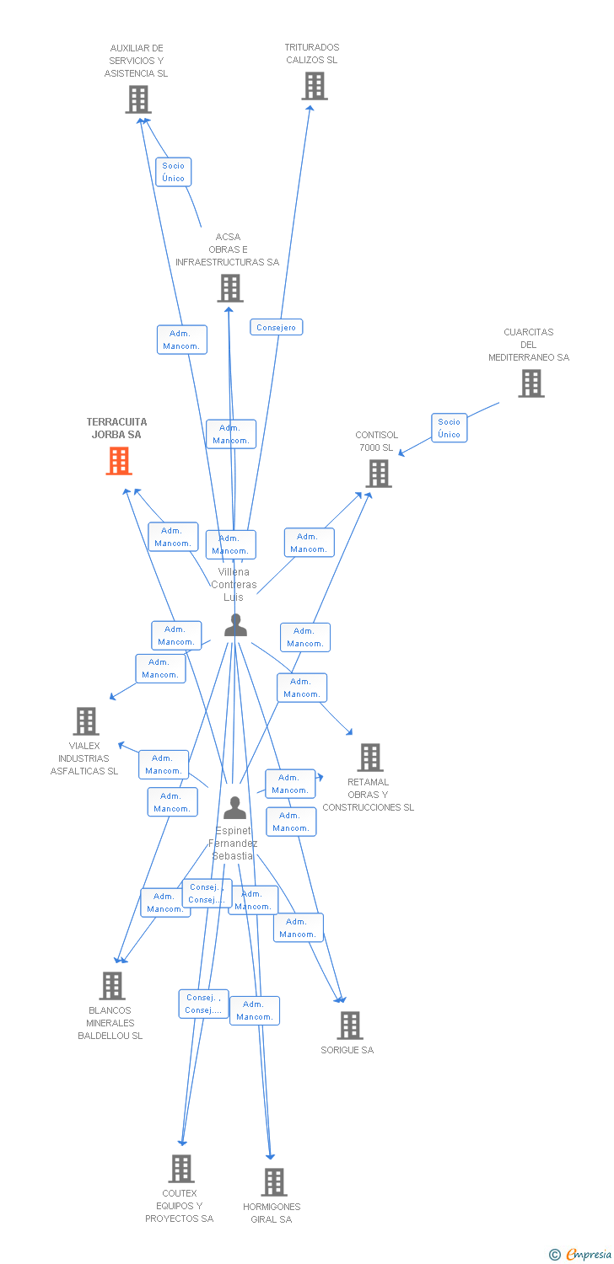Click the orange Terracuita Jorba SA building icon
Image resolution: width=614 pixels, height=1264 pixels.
click(119, 461)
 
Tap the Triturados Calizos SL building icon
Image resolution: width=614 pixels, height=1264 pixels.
click(315, 86)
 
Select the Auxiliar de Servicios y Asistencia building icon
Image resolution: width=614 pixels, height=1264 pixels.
click(138, 99)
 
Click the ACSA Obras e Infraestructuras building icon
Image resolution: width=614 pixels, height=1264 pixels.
click(230, 288)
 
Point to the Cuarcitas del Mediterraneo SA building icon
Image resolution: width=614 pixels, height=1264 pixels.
click(531, 383)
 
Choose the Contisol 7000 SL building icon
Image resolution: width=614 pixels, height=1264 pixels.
click(379, 474)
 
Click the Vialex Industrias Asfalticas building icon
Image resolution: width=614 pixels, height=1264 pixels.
click(86, 721)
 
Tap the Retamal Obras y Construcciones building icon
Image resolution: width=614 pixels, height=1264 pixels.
click(370, 758)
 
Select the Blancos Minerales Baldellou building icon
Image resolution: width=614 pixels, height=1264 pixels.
click(112, 986)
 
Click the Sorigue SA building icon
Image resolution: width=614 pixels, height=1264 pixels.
click(350, 1026)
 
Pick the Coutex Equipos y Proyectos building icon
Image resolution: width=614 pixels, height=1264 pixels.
click(181, 1169)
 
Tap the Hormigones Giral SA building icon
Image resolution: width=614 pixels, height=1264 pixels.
click(274, 1182)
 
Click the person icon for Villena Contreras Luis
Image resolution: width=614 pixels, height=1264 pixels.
click(235, 625)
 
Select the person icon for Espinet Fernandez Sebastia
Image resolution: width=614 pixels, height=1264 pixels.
click(234, 807)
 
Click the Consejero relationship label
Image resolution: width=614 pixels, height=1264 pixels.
click(276, 327)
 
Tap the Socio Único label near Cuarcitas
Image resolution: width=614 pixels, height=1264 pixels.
click(449, 428)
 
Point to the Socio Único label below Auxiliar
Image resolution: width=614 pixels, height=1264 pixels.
click(173, 172)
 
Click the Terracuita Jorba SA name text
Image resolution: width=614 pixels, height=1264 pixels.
click(116, 428)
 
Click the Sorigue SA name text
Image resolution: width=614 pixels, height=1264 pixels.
click(347, 1050)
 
